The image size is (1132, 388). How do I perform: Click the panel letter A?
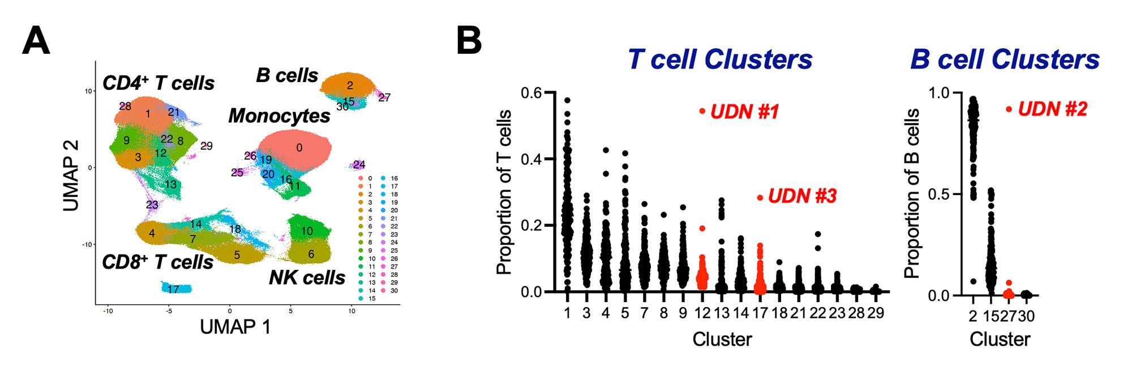(36, 41)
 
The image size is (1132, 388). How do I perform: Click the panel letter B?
(469, 41)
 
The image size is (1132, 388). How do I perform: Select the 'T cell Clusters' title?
(720, 59)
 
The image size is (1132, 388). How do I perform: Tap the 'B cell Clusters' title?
(1005, 59)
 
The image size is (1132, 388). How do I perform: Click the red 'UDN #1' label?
(744, 112)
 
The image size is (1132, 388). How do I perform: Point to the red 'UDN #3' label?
(802, 196)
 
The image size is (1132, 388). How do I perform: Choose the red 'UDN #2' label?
(1052, 109)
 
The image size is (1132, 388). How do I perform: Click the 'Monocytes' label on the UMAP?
(279, 116)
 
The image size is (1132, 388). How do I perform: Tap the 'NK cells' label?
(307, 278)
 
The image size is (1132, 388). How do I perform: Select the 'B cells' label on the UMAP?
(287, 75)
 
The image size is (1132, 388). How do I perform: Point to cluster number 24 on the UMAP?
(359, 165)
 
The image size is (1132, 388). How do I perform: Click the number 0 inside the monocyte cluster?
(299, 148)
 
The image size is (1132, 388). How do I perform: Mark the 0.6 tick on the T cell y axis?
(531, 93)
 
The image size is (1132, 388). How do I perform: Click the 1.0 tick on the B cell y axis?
(939, 93)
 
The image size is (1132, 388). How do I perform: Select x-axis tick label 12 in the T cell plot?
(702, 313)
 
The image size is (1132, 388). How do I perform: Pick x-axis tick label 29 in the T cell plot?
(875, 313)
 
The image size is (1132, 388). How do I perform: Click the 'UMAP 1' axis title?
(235, 327)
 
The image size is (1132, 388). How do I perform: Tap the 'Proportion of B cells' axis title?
(911, 193)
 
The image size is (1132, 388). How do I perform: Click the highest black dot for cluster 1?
(567, 101)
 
